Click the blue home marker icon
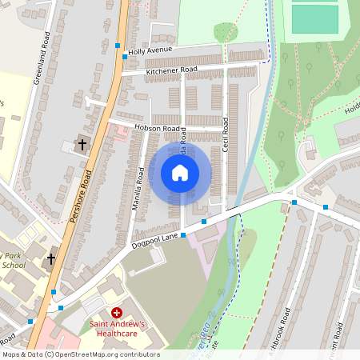[x=180, y=172]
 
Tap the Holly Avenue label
[x=150, y=54]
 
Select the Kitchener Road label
[x=171, y=71]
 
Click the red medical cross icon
[x=117, y=312]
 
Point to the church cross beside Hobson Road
[x=82, y=144]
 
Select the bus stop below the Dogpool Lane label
[x=183, y=235]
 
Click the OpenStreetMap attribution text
[x=80, y=354]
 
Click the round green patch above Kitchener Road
[x=225, y=32]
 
